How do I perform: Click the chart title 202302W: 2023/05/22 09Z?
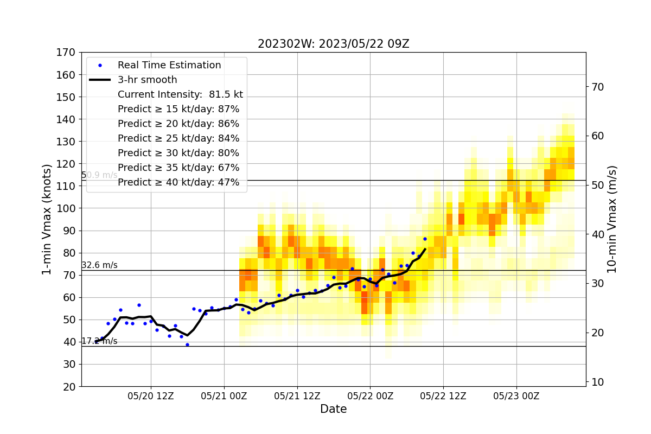(x=333, y=44)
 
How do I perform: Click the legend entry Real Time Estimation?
(x=169, y=65)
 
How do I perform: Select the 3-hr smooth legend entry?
(x=147, y=80)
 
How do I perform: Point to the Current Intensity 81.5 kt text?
(x=180, y=94)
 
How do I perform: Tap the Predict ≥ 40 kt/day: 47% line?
(x=178, y=182)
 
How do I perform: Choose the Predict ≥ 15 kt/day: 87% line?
(x=178, y=109)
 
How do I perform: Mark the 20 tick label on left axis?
(x=69, y=387)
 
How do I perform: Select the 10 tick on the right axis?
(x=597, y=382)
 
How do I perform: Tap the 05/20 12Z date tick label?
(x=151, y=396)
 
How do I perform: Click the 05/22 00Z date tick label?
(x=370, y=396)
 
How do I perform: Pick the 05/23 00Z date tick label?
(x=516, y=396)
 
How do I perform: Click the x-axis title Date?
(x=333, y=409)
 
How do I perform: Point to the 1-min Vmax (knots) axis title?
(x=47, y=219)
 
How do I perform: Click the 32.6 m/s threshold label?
(x=99, y=265)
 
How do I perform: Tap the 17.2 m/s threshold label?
(x=99, y=341)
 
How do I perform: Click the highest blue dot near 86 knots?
(x=425, y=239)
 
